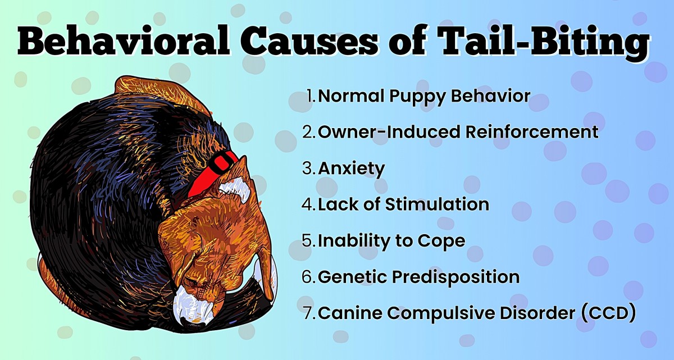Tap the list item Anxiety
click(x=352, y=168)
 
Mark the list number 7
click(x=308, y=313)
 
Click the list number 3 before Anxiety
click(x=308, y=168)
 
